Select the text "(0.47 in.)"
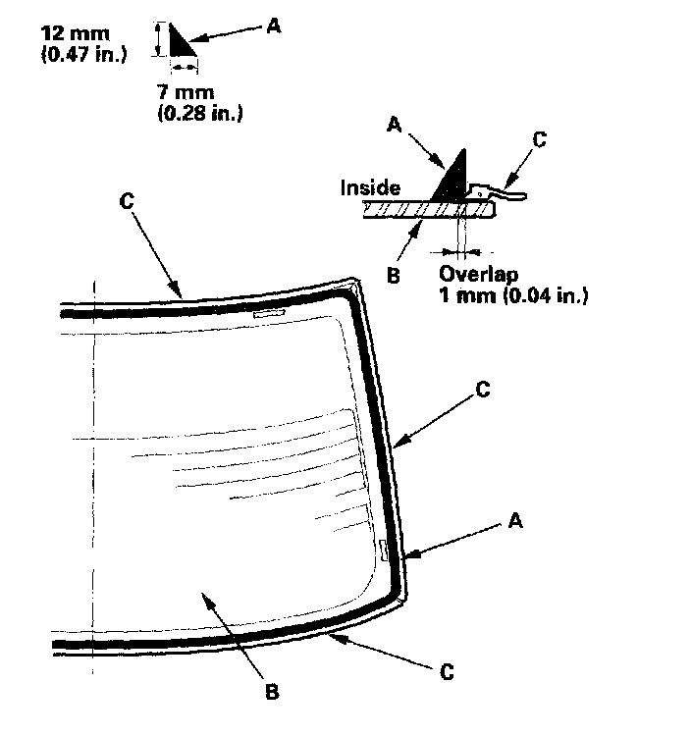(82, 55)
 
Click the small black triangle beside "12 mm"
(180, 43)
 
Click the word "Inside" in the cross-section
(371, 187)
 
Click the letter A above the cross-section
(395, 124)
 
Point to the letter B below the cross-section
(394, 276)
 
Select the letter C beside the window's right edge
(481, 389)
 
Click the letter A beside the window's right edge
(514, 522)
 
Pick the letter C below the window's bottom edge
(447, 673)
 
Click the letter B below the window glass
(272, 690)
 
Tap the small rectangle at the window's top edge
(267, 314)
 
